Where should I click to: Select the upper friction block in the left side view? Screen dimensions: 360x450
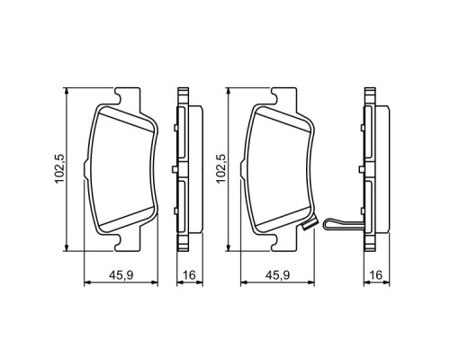pyautogui.click(x=179, y=135)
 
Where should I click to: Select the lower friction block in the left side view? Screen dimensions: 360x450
pyautogui.click(x=179, y=202)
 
